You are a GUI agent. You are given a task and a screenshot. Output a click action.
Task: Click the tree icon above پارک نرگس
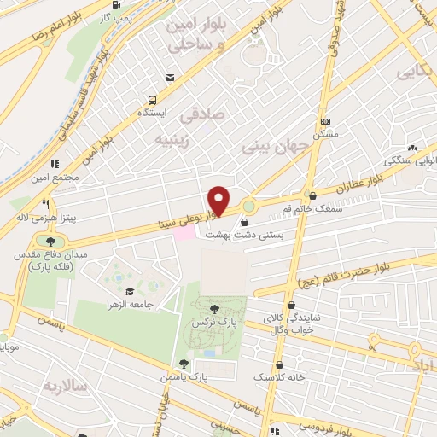pos(213,309)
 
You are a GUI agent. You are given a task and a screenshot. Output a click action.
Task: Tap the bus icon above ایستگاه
pos(152,98)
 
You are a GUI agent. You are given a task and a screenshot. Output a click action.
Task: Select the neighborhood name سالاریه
pos(68,386)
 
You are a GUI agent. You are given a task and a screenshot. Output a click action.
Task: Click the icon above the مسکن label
pos(325,121)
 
